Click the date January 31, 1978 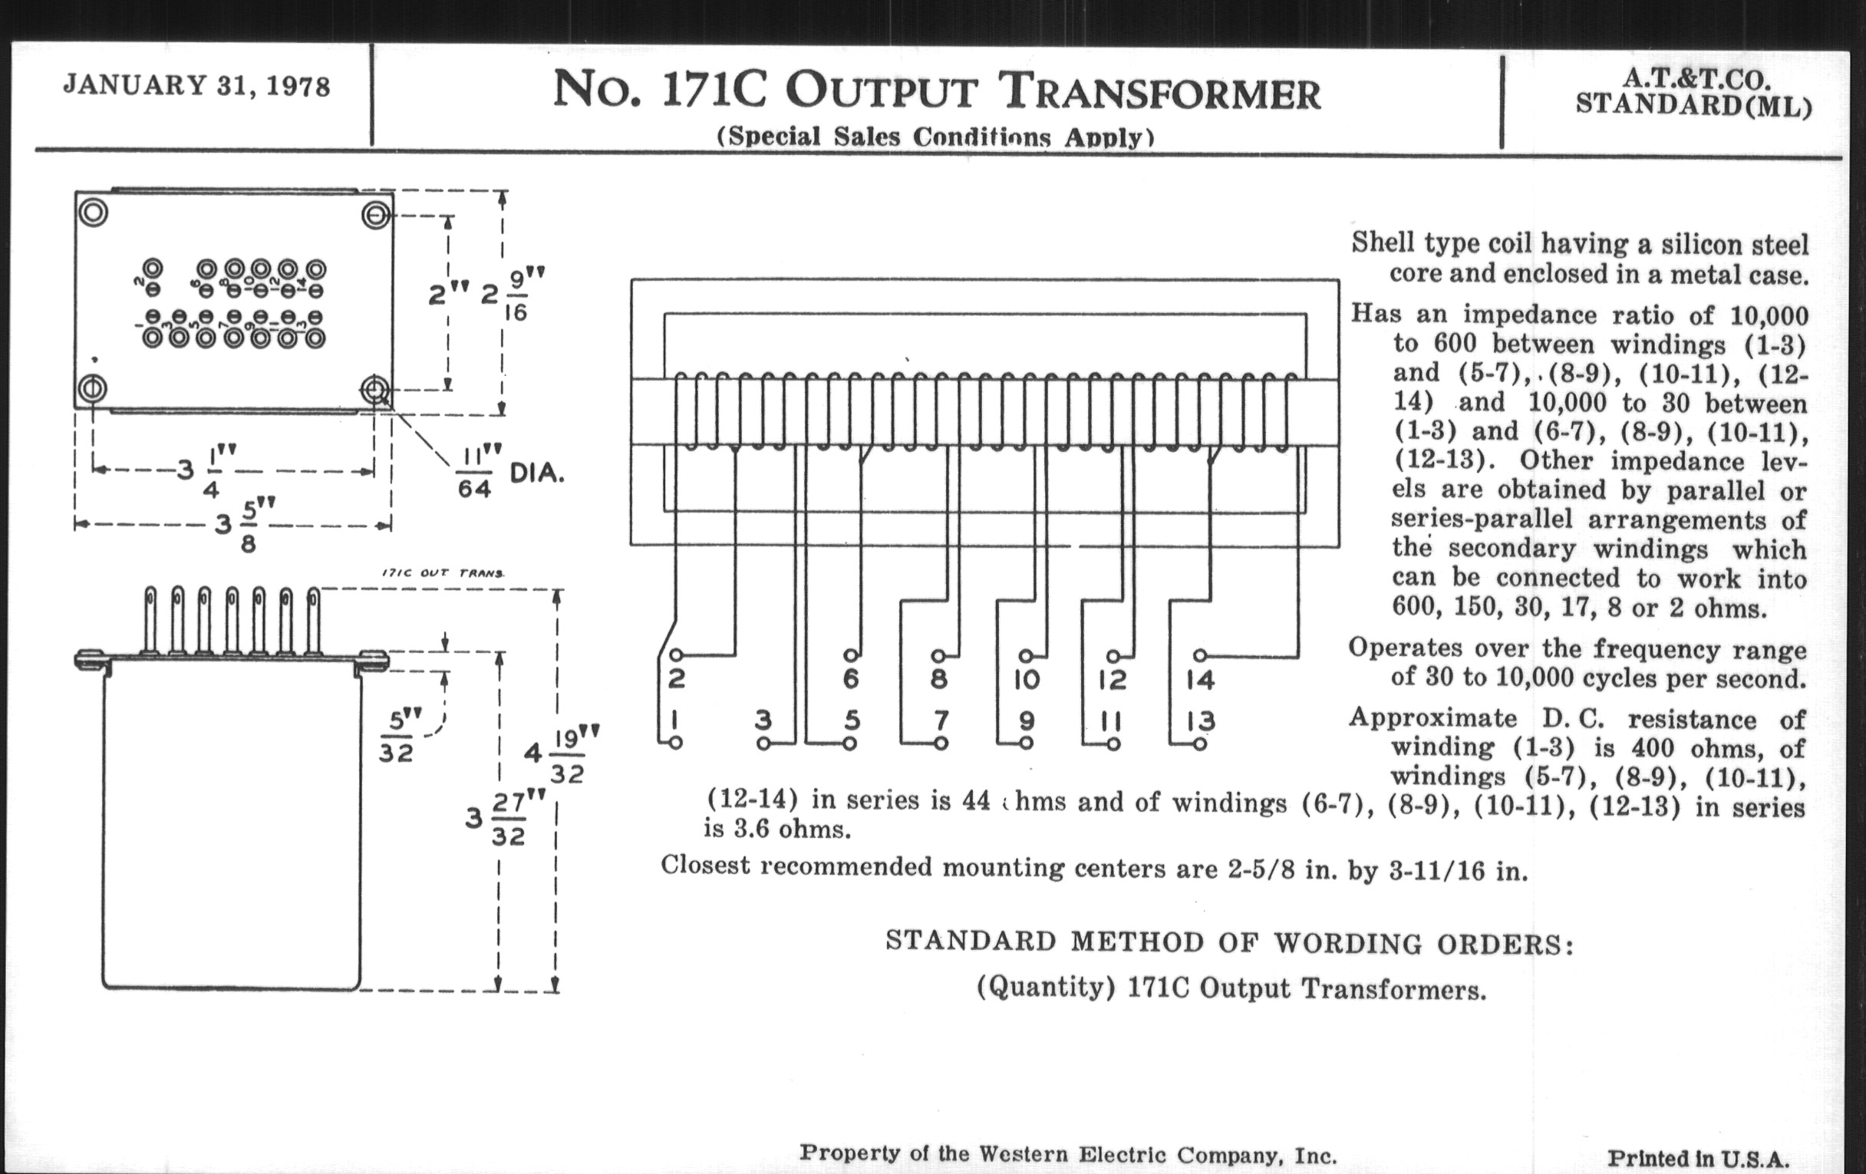[x=197, y=85]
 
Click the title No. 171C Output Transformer [x=936, y=91]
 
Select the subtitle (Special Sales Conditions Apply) [x=935, y=137]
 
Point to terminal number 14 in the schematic [x=1200, y=681]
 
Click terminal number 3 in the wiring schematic [x=763, y=721]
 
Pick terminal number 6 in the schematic [x=851, y=680]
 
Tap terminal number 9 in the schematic [x=1026, y=721]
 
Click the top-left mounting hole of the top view [x=92, y=213]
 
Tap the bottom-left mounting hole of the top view [x=92, y=387]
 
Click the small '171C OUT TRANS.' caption [x=443, y=573]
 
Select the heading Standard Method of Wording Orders [x=1229, y=942]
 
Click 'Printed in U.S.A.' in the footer [x=1698, y=1159]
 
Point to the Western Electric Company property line [x=1068, y=1154]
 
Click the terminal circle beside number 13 [x=1199, y=744]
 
